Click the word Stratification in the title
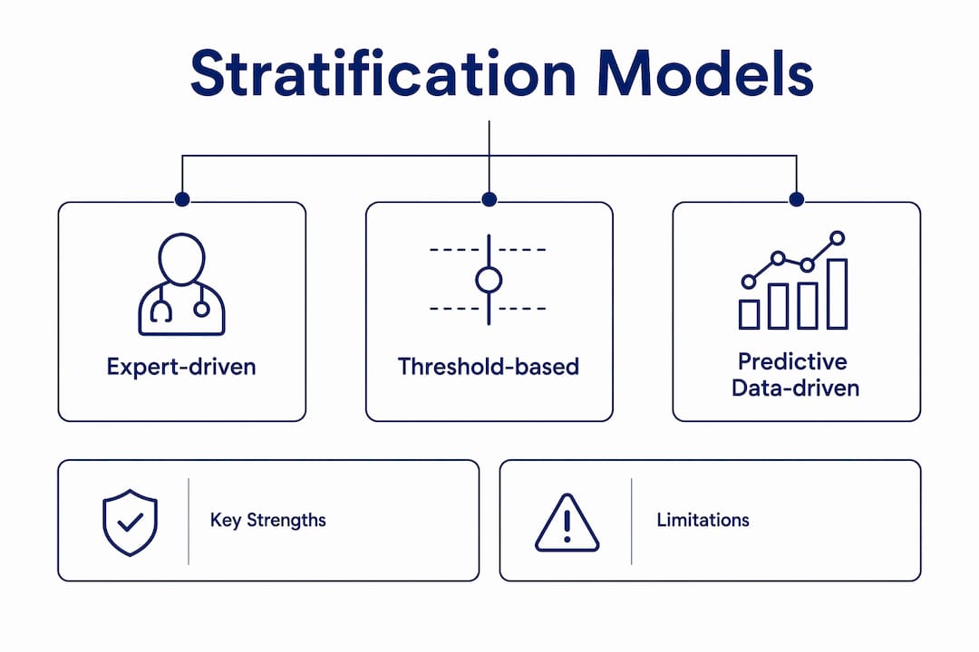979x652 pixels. [x=383, y=73]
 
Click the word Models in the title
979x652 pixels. [x=705, y=73]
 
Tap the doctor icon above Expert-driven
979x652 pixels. [x=181, y=283]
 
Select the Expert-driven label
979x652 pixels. [x=181, y=367]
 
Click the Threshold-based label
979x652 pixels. [x=489, y=366]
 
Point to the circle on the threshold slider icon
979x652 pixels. [x=489, y=280]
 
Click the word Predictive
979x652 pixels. [x=792, y=361]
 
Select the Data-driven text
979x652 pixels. [x=796, y=388]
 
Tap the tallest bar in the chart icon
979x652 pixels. [x=838, y=294]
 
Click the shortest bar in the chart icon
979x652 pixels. [x=750, y=314]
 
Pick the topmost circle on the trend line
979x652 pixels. [x=838, y=238]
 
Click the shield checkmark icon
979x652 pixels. [x=130, y=523]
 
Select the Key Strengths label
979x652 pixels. [x=267, y=521]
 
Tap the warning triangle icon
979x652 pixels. [x=567, y=523]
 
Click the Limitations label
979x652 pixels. [x=703, y=520]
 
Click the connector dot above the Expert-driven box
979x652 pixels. [x=182, y=199]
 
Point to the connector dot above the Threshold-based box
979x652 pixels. [x=489, y=199]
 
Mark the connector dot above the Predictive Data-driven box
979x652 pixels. [x=796, y=199]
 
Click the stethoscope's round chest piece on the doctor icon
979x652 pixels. [x=201, y=309]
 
